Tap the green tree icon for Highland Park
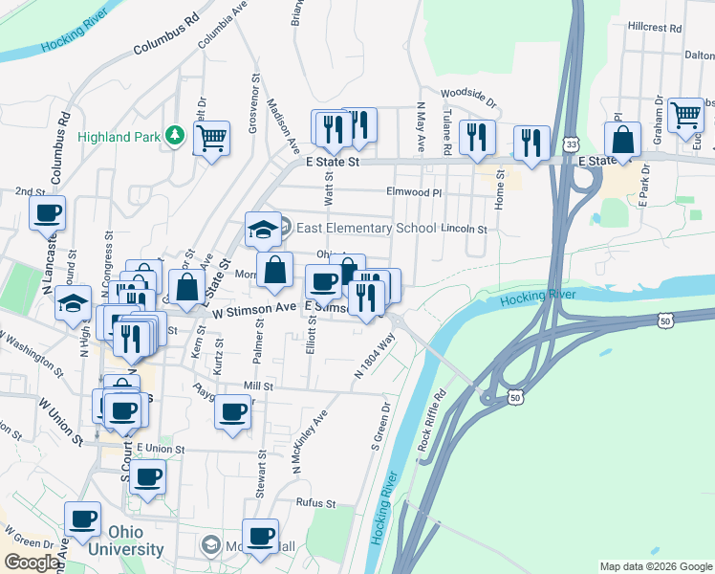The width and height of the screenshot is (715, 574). pyautogui.click(x=174, y=136)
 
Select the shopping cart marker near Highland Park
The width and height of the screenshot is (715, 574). pyautogui.click(x=211, y=137)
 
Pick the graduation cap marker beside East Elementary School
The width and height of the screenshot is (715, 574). pyautogui.click(x=263, y=230)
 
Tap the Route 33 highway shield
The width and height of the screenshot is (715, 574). pyautogui.click(x=571, y=143)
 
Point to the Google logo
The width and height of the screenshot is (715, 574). pyautogui.click(x=32, y=563)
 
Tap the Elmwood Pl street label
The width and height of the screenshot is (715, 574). pyautogui.click(x=414, y=192)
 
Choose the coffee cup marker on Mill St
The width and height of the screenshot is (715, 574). pyautogui.click(x=232, y=411)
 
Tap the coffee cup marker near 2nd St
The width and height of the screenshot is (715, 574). pyautogui.click(x=47, y=212)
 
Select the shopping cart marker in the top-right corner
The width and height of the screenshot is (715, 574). pyautogui.click(x=685, y=114)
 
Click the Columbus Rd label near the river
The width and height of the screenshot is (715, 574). pyautogui.click(x=164, y=34)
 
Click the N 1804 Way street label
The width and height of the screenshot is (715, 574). pyautogui.click(x=375, y=356)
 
